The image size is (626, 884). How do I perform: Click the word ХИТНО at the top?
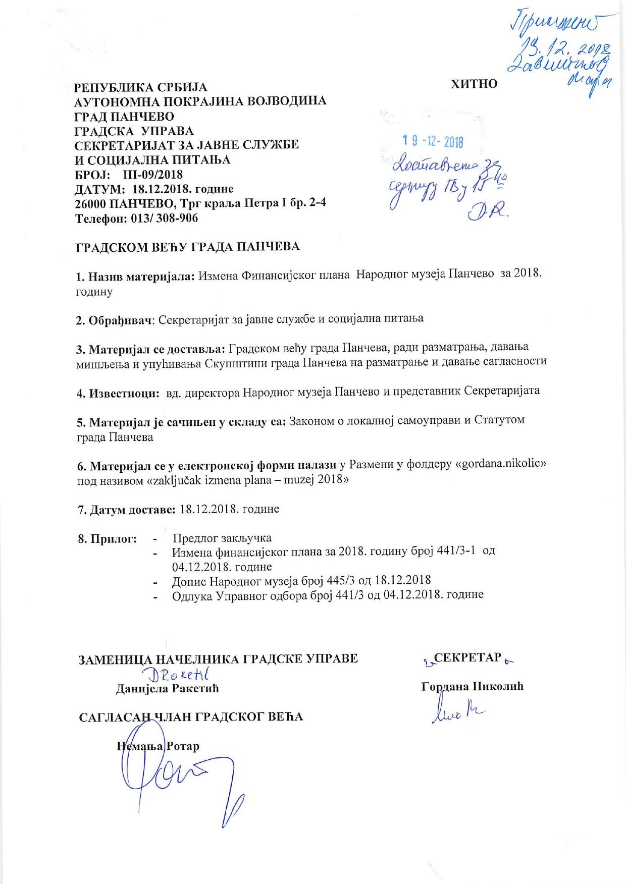point(474,84)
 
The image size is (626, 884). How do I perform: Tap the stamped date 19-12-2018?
point(433,142)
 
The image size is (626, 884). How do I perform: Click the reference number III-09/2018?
point(153,175)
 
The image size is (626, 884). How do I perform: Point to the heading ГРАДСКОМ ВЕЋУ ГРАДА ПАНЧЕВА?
point(187,247)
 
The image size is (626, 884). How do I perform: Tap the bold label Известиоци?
point(118,393)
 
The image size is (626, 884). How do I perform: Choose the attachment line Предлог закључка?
point(222,538)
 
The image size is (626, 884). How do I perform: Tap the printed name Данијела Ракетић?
point(168,688)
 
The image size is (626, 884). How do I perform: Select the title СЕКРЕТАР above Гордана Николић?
point(467,657)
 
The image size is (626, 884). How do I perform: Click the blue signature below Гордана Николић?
point(457,712)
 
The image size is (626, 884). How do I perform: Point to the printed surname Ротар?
point(183,746)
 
